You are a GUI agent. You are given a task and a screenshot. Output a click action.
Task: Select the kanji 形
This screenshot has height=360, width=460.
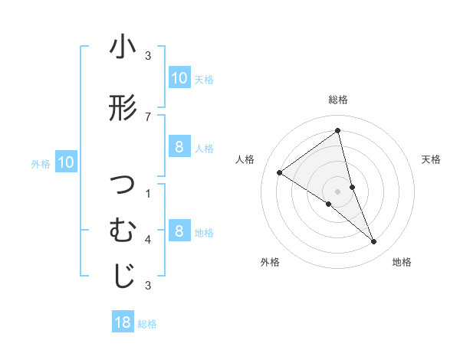(123, 108)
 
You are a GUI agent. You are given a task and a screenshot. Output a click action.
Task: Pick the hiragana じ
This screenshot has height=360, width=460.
(123, 276)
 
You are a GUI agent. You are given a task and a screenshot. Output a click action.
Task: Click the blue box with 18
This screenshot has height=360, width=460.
(123, 322)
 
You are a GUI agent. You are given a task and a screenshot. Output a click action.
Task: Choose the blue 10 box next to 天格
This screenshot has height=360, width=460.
(179, 77)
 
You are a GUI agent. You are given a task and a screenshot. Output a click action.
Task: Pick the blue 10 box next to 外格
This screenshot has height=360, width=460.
(65, 162)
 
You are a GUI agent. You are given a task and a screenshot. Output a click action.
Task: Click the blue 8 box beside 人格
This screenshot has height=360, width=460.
(179, 147)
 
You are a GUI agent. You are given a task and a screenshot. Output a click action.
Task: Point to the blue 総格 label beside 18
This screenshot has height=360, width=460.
(147, 324)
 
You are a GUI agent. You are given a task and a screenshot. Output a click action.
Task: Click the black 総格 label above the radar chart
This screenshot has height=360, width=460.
(337, 100)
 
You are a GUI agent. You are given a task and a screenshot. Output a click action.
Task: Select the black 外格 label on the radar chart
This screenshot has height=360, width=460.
(270, 262)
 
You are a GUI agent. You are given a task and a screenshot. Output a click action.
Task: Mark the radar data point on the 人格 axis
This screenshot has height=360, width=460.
(280, 172)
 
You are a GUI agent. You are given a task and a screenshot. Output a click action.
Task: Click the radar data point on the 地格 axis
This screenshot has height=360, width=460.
(374, 242)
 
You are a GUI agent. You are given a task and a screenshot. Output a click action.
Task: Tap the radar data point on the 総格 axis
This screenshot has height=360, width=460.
(337, 130)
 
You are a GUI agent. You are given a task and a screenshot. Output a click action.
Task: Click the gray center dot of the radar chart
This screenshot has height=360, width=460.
(337, 191)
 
